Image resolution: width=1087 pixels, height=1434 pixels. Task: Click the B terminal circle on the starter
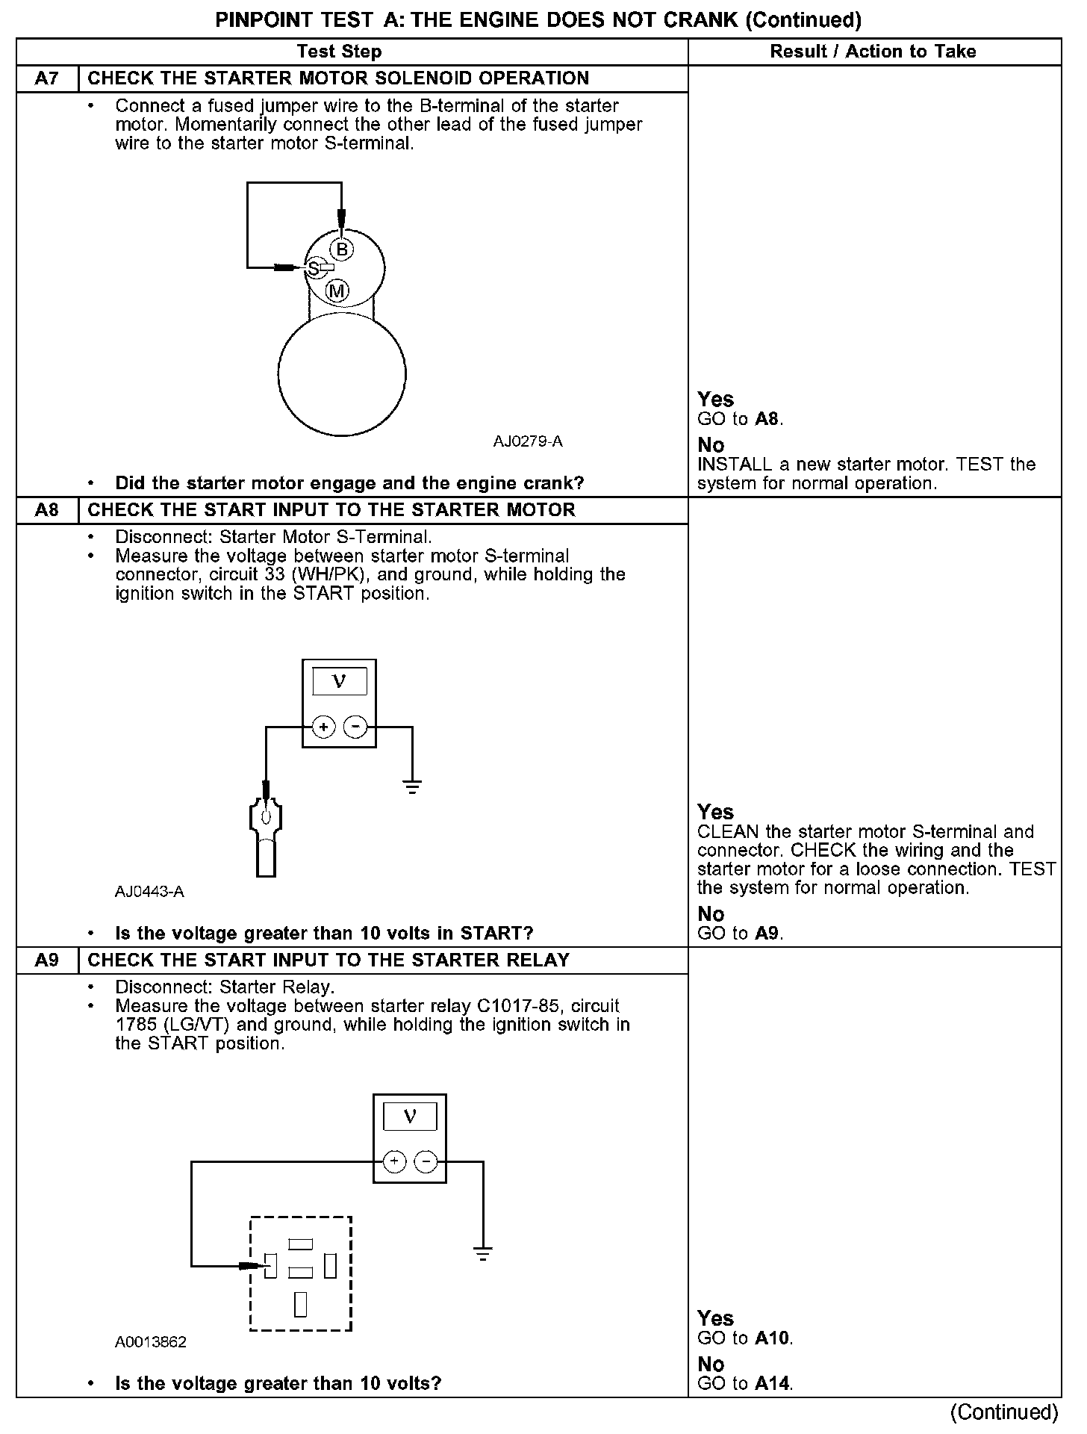342,249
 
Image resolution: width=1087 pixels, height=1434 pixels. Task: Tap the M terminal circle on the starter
337,291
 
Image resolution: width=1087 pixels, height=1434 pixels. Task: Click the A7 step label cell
47,78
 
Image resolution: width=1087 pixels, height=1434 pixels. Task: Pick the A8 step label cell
47,510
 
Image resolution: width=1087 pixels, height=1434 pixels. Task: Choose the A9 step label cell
47,960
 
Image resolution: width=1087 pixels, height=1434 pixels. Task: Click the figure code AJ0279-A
527,441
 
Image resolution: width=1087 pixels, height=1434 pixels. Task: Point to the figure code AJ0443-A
149,891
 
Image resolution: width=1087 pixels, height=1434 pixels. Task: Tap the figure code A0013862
150,1341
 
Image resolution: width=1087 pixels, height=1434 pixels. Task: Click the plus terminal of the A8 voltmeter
323,726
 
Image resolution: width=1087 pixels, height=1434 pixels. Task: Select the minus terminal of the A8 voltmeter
355,726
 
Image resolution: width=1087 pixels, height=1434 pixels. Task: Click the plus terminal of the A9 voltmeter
394,1161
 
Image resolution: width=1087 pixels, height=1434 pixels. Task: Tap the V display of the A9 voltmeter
410,1117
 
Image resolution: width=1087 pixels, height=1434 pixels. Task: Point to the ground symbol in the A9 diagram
483,1254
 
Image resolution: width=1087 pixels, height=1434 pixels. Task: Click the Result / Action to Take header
873,52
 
